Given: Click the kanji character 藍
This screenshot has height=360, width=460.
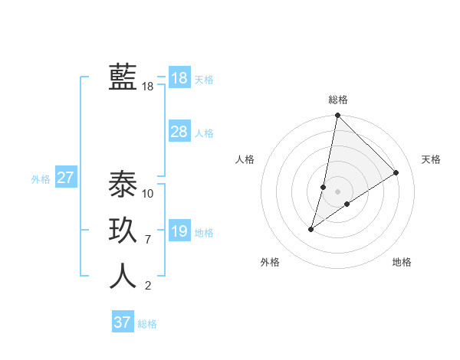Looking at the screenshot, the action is pyautogui.click(x=123, y=77).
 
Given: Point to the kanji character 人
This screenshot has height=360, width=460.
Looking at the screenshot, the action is pyautogui.click(x=123, y=276).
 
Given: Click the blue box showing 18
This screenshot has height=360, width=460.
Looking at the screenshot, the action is pyautogui.click(x=179, y=78).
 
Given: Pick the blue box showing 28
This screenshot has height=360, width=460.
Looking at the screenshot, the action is pyautogui.click(x=179, y=132).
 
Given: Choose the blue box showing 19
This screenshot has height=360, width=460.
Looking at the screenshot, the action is pyautogui.click(x=179, y=231).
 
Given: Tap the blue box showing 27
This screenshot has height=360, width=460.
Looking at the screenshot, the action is pyautogui.click(x=65, y=178).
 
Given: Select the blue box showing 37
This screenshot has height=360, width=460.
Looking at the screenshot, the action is pyautogui.click(x=123, y=322).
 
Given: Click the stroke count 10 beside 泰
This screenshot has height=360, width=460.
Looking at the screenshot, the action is pyautogui.click(x=148, y=193).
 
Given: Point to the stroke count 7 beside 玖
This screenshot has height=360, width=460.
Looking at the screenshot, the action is pyautogui.click(x=148, y=240).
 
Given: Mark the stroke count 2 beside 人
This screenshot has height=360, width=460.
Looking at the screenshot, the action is pyautogui.click(x=148, y=286).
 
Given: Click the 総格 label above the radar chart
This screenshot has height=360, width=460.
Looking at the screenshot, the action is pyautogui.click(x=338, y=100).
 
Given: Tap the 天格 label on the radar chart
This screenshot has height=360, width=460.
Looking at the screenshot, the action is pyautogui.click(x=431, y=159).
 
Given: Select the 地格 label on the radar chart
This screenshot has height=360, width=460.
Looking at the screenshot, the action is pyautogui.click(x=402, y=262).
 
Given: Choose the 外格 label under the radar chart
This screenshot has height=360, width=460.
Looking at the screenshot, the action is pyautogui.click(x=270, y=262).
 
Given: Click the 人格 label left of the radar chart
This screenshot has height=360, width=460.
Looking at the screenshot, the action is pyautogui.click(x=245, y=159).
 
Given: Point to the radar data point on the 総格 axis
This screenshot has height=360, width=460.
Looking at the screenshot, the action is pyautogui.click(x=337, y=116).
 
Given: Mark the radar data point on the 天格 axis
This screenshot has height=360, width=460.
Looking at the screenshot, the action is pyautogui.click(x=396, y=172).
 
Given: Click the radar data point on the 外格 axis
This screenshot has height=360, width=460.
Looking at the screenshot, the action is pyautogui.click(x=311, y=229).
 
